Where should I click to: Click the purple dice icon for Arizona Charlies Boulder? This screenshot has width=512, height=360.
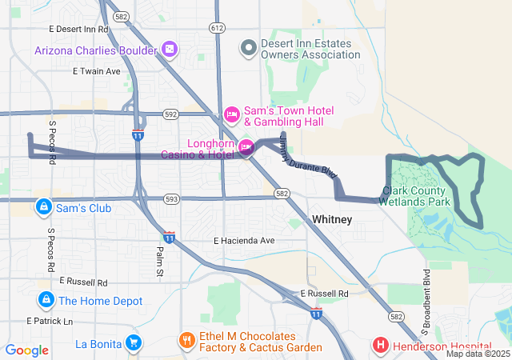170,50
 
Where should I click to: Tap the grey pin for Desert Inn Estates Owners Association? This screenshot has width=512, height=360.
249,48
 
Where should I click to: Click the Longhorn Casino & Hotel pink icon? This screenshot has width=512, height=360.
246,146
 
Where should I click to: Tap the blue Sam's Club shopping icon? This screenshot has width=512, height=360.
45,208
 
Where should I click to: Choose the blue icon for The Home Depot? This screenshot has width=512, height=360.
45,301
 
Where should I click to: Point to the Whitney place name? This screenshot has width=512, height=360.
332,219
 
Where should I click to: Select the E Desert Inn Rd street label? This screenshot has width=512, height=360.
78,29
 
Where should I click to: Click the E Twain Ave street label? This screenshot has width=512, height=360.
96,71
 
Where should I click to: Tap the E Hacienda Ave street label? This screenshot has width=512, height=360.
244,241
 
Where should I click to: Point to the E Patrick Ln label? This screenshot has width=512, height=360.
49,321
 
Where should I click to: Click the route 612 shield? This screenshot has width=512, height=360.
217,28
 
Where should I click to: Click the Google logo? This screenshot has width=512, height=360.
27,350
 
